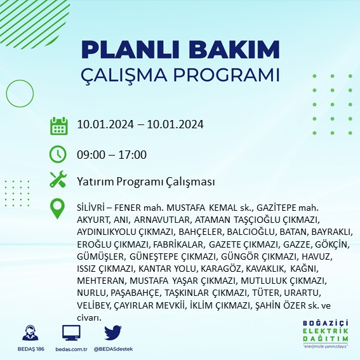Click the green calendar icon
coord(58,125)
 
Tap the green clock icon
coord(58,155)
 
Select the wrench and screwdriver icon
coord(58,181)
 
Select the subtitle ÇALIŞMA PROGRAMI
coord(181,74)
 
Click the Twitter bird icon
coord(112,333)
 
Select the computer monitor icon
coord(71,333)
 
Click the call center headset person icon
coord(29,333)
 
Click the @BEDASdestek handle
coord(113,349)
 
